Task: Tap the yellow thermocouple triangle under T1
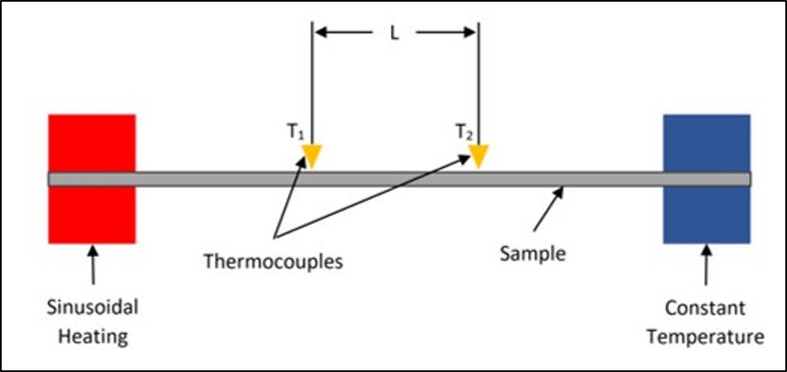(x=312, y=156)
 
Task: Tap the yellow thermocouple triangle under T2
(x=479, y=156)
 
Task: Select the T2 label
(x=463, y=132)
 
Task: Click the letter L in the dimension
(x=394, y=36)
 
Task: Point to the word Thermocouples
(x=273, y=261)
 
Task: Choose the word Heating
(x=92, y=337)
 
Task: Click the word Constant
(x=706, y=308)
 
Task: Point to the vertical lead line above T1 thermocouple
(x=312, y=84)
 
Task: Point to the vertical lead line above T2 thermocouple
(x=479, y=84)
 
